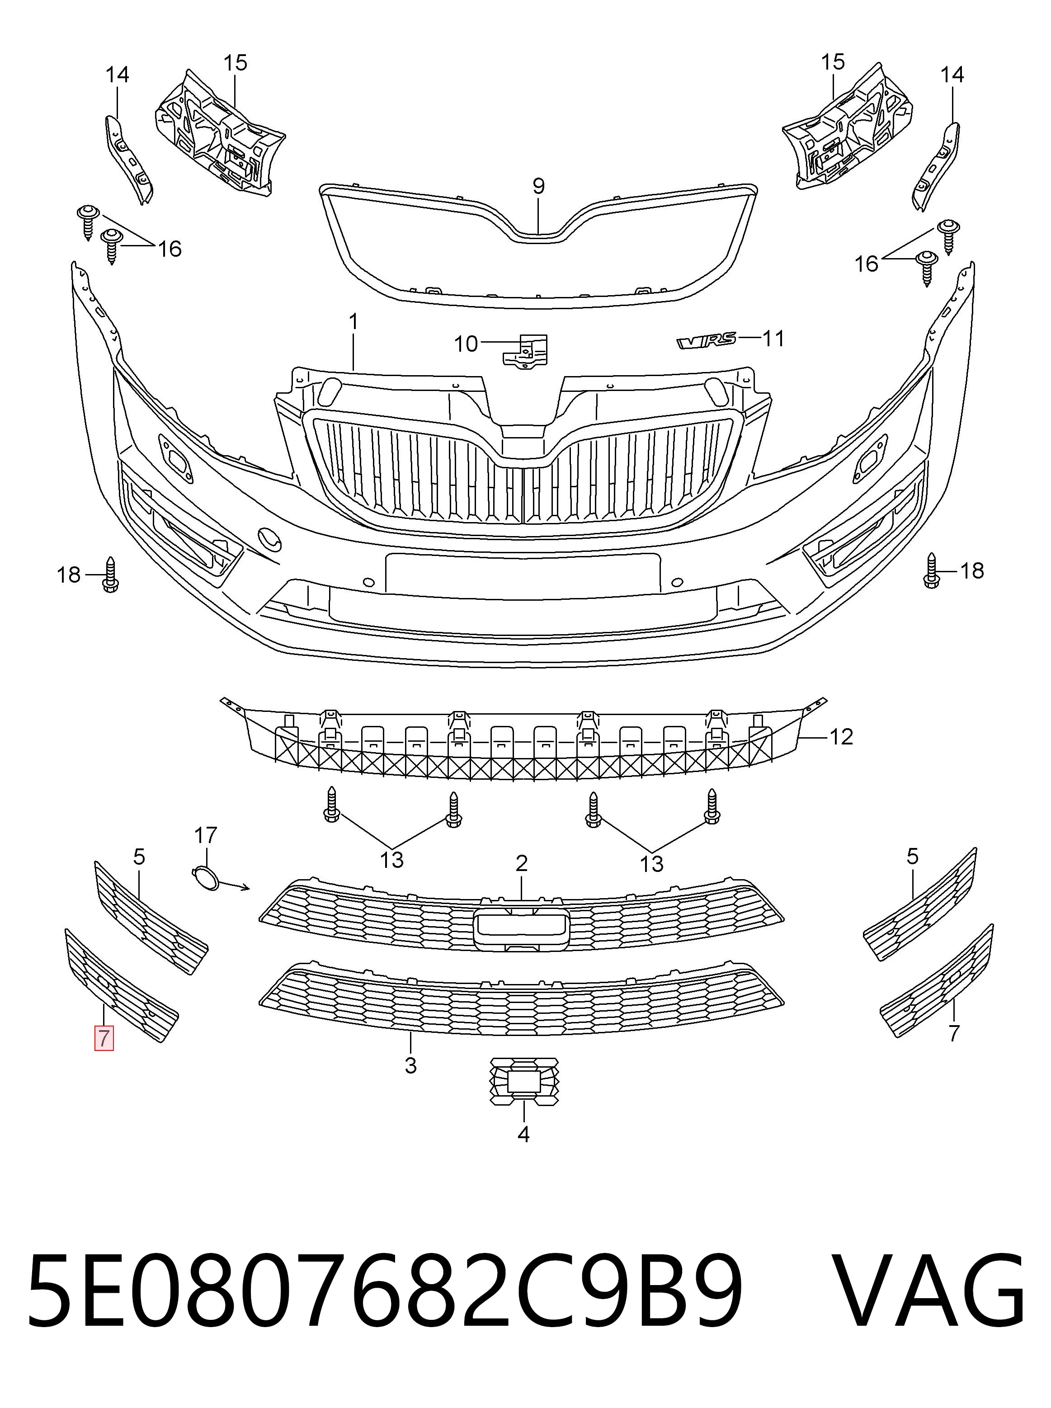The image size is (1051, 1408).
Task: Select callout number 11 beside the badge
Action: click(773, 339)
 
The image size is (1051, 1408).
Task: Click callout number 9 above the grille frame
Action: click(538, 186)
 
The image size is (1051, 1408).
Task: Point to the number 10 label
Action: click(466, 344)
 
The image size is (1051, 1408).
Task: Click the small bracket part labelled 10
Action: click(525, 351)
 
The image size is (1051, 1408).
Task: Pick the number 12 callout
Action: click(841, 737)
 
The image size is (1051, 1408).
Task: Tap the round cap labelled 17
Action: click(205, 877)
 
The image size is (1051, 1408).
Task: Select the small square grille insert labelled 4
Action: click(523, 1082)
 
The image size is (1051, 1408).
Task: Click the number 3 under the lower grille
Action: click(411, 1065)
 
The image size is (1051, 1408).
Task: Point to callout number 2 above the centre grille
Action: click(522, 863)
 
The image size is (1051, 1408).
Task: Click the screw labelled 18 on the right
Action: click(932, 570)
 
